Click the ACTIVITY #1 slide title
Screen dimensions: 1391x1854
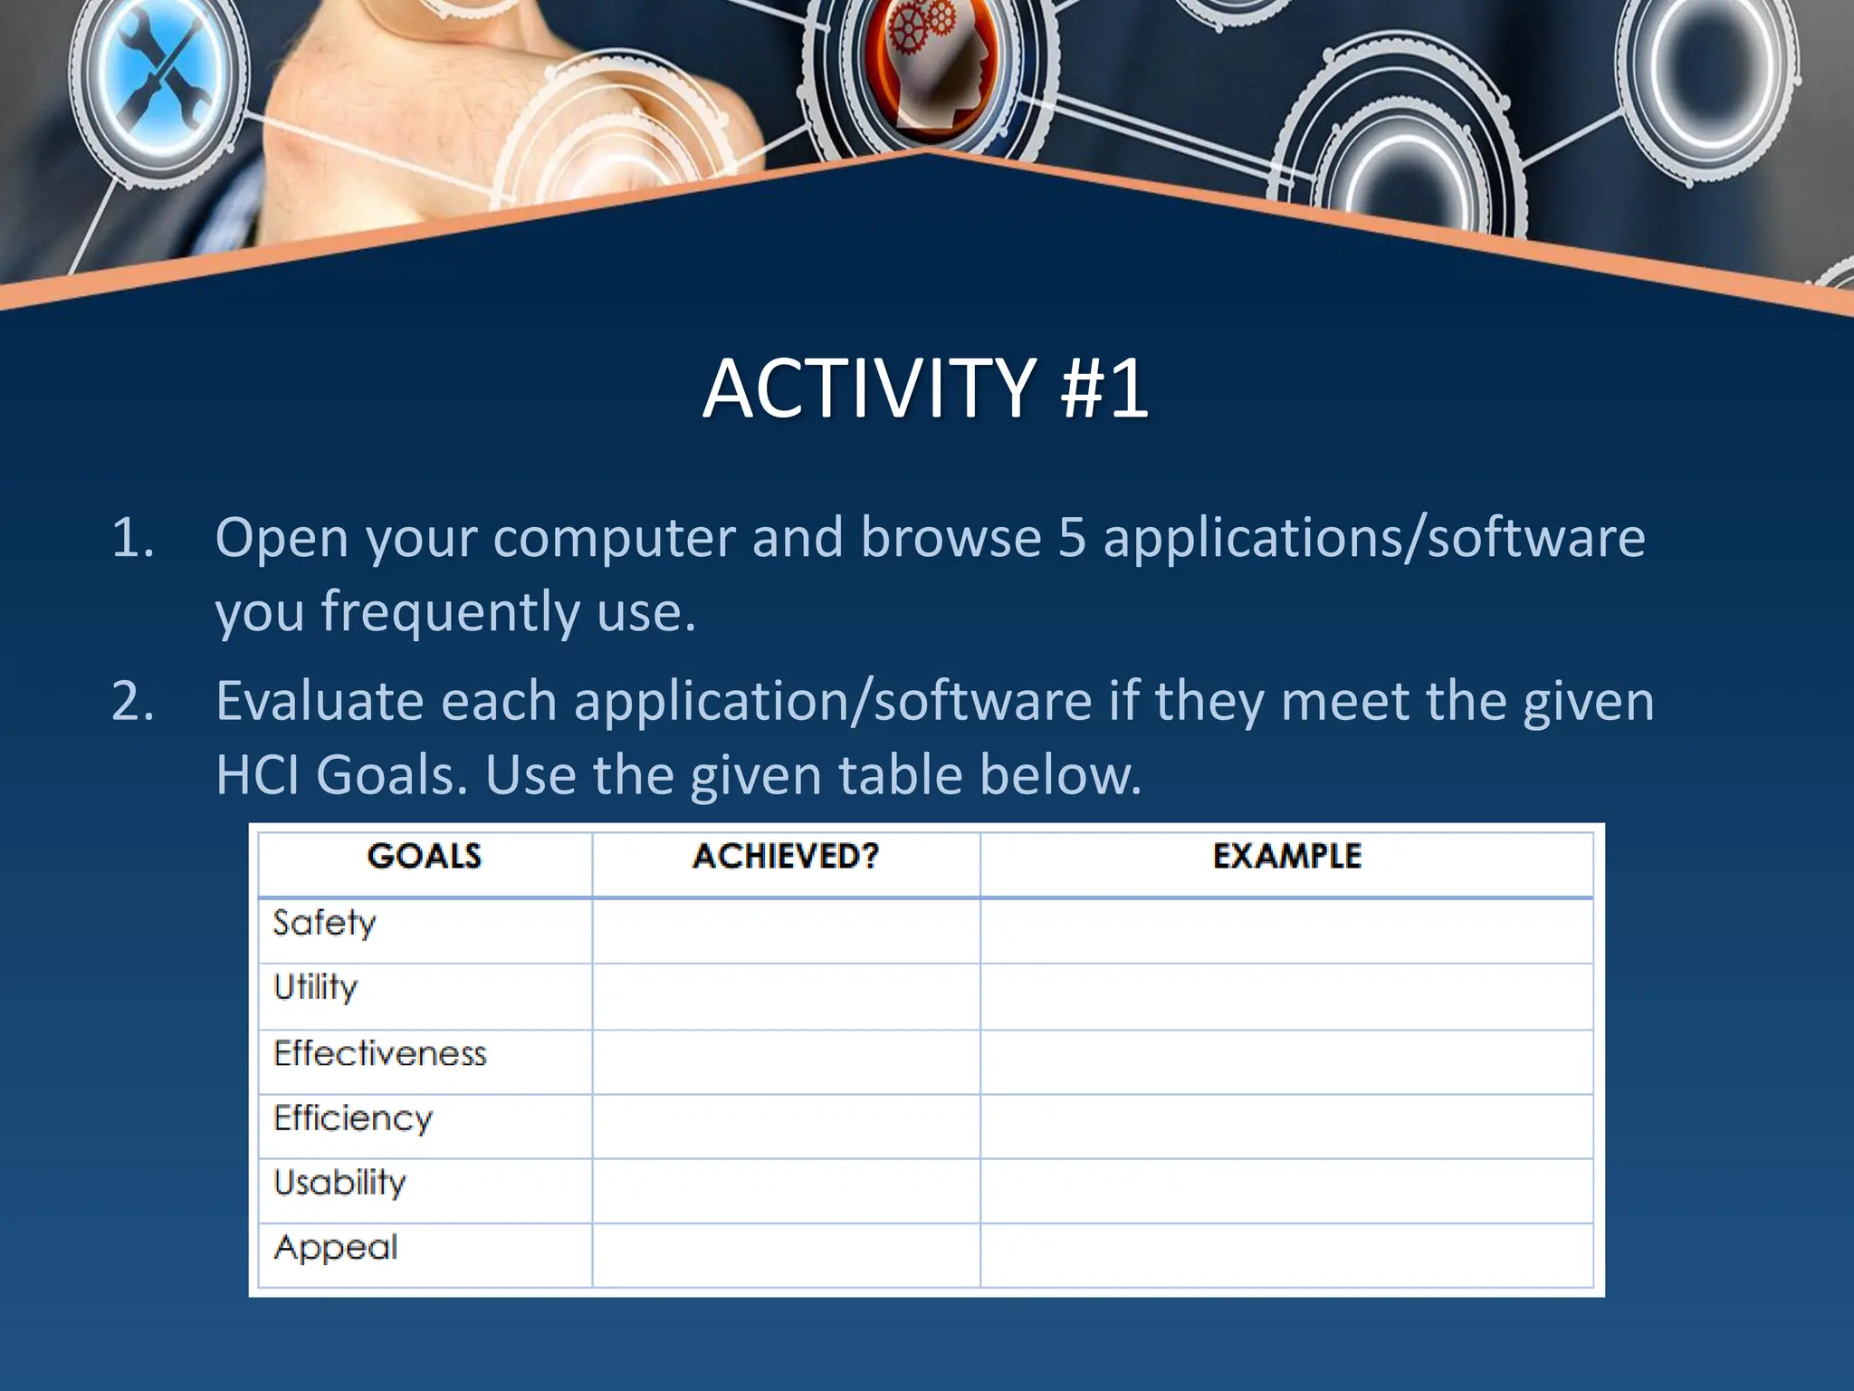point(925,389)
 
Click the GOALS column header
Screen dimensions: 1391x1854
point(424,857)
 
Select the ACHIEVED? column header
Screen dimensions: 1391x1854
point(786,857)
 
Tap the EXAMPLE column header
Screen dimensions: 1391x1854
point(1286,857)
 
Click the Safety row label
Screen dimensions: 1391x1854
point(324,924)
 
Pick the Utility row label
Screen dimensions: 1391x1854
point(316,988)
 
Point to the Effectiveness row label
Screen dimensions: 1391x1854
point(380,1054)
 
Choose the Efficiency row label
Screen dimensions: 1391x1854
point(353,1119)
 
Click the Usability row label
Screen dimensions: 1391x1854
point(340,1184)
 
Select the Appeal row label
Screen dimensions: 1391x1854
point(336,1249)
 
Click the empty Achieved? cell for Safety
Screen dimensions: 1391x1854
point(786,931)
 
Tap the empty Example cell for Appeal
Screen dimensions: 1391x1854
point(1286,1255)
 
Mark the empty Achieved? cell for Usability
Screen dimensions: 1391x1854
point(786,1190)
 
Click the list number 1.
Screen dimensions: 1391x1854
point(132,539)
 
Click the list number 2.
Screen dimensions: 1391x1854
point(133,702)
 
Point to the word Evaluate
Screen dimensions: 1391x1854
point(320,702)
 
